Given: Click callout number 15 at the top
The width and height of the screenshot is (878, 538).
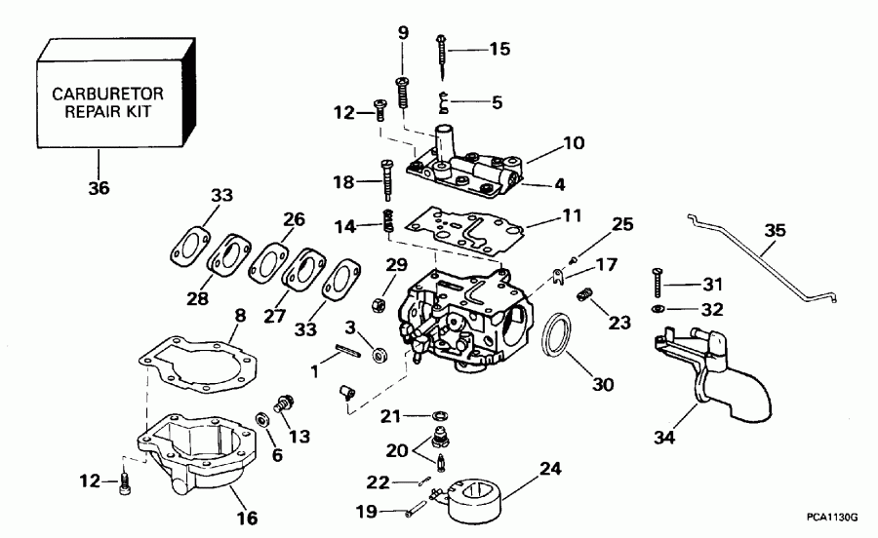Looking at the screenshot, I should (x=499, y=48).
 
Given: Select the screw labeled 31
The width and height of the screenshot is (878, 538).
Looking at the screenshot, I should (x=658, y=285).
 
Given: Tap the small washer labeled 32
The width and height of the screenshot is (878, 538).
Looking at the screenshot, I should (x=658, y=309).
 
